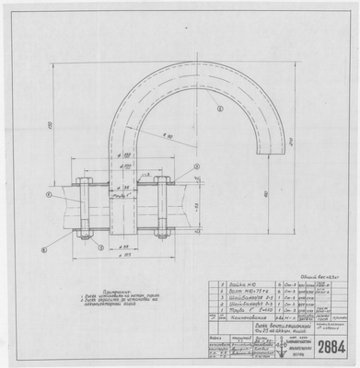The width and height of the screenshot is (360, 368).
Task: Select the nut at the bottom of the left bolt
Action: click(x=84, y=230)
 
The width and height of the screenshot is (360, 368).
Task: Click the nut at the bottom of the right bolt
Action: click(x=162, y=230)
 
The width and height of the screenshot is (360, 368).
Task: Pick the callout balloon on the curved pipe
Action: click(x=220, y=109)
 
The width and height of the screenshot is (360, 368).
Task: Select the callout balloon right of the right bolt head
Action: click(x=196, y=167)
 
